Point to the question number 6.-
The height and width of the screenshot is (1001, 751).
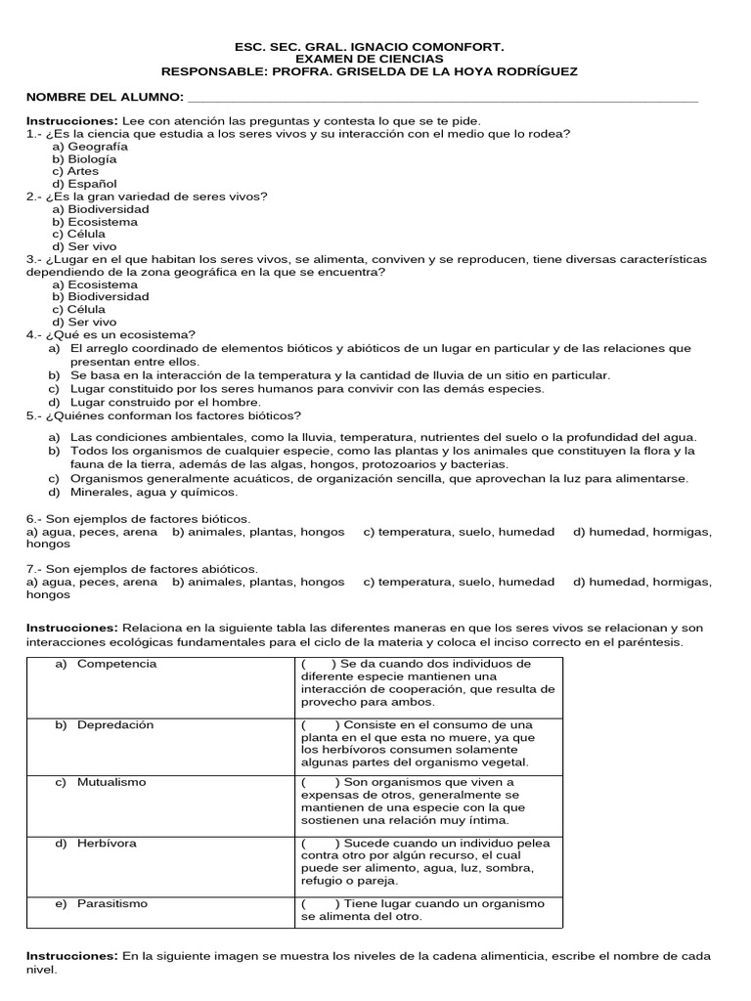pyautogui.click(x=36, y=518)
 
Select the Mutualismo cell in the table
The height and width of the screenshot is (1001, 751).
pyautogui.click(x=111, y=782)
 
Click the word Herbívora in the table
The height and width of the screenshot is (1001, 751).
pyautogui.click(x=107, y=843)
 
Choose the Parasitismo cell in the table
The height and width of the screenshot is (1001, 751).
pyautogui.click(x=112, y=903)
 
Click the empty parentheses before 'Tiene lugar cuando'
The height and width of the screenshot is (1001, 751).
pyautogui.click(x=320, y=903)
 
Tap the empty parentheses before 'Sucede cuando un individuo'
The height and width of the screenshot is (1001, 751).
pyautogui.click(x=320, y=843)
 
